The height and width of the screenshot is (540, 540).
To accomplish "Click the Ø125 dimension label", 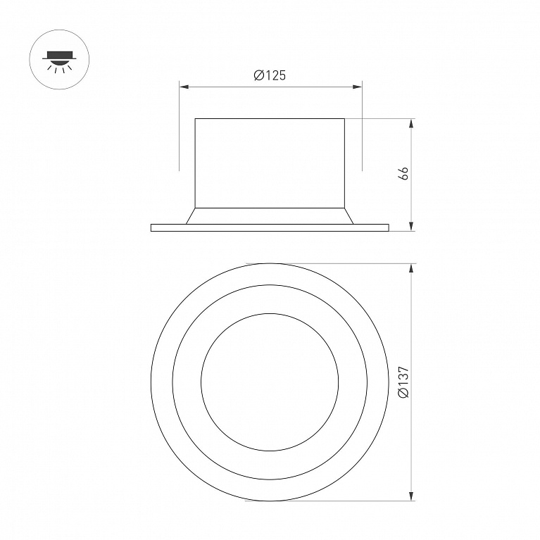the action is click(270, 75).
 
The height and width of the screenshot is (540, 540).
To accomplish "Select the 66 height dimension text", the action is click(403, 173).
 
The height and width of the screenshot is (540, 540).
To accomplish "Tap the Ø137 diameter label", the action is click(403, 382).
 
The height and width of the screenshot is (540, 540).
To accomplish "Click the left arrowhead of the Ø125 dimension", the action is click(184, 87).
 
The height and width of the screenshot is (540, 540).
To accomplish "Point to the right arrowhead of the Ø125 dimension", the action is click(357, 87).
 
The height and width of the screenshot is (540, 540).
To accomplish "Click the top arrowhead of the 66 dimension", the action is click(411, 124).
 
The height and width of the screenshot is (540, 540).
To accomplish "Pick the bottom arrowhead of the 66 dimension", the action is click(411, 226).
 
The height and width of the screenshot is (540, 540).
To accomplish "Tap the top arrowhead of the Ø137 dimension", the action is click(411, 269).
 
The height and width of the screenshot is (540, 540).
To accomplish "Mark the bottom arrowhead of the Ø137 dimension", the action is click(411, 496).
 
